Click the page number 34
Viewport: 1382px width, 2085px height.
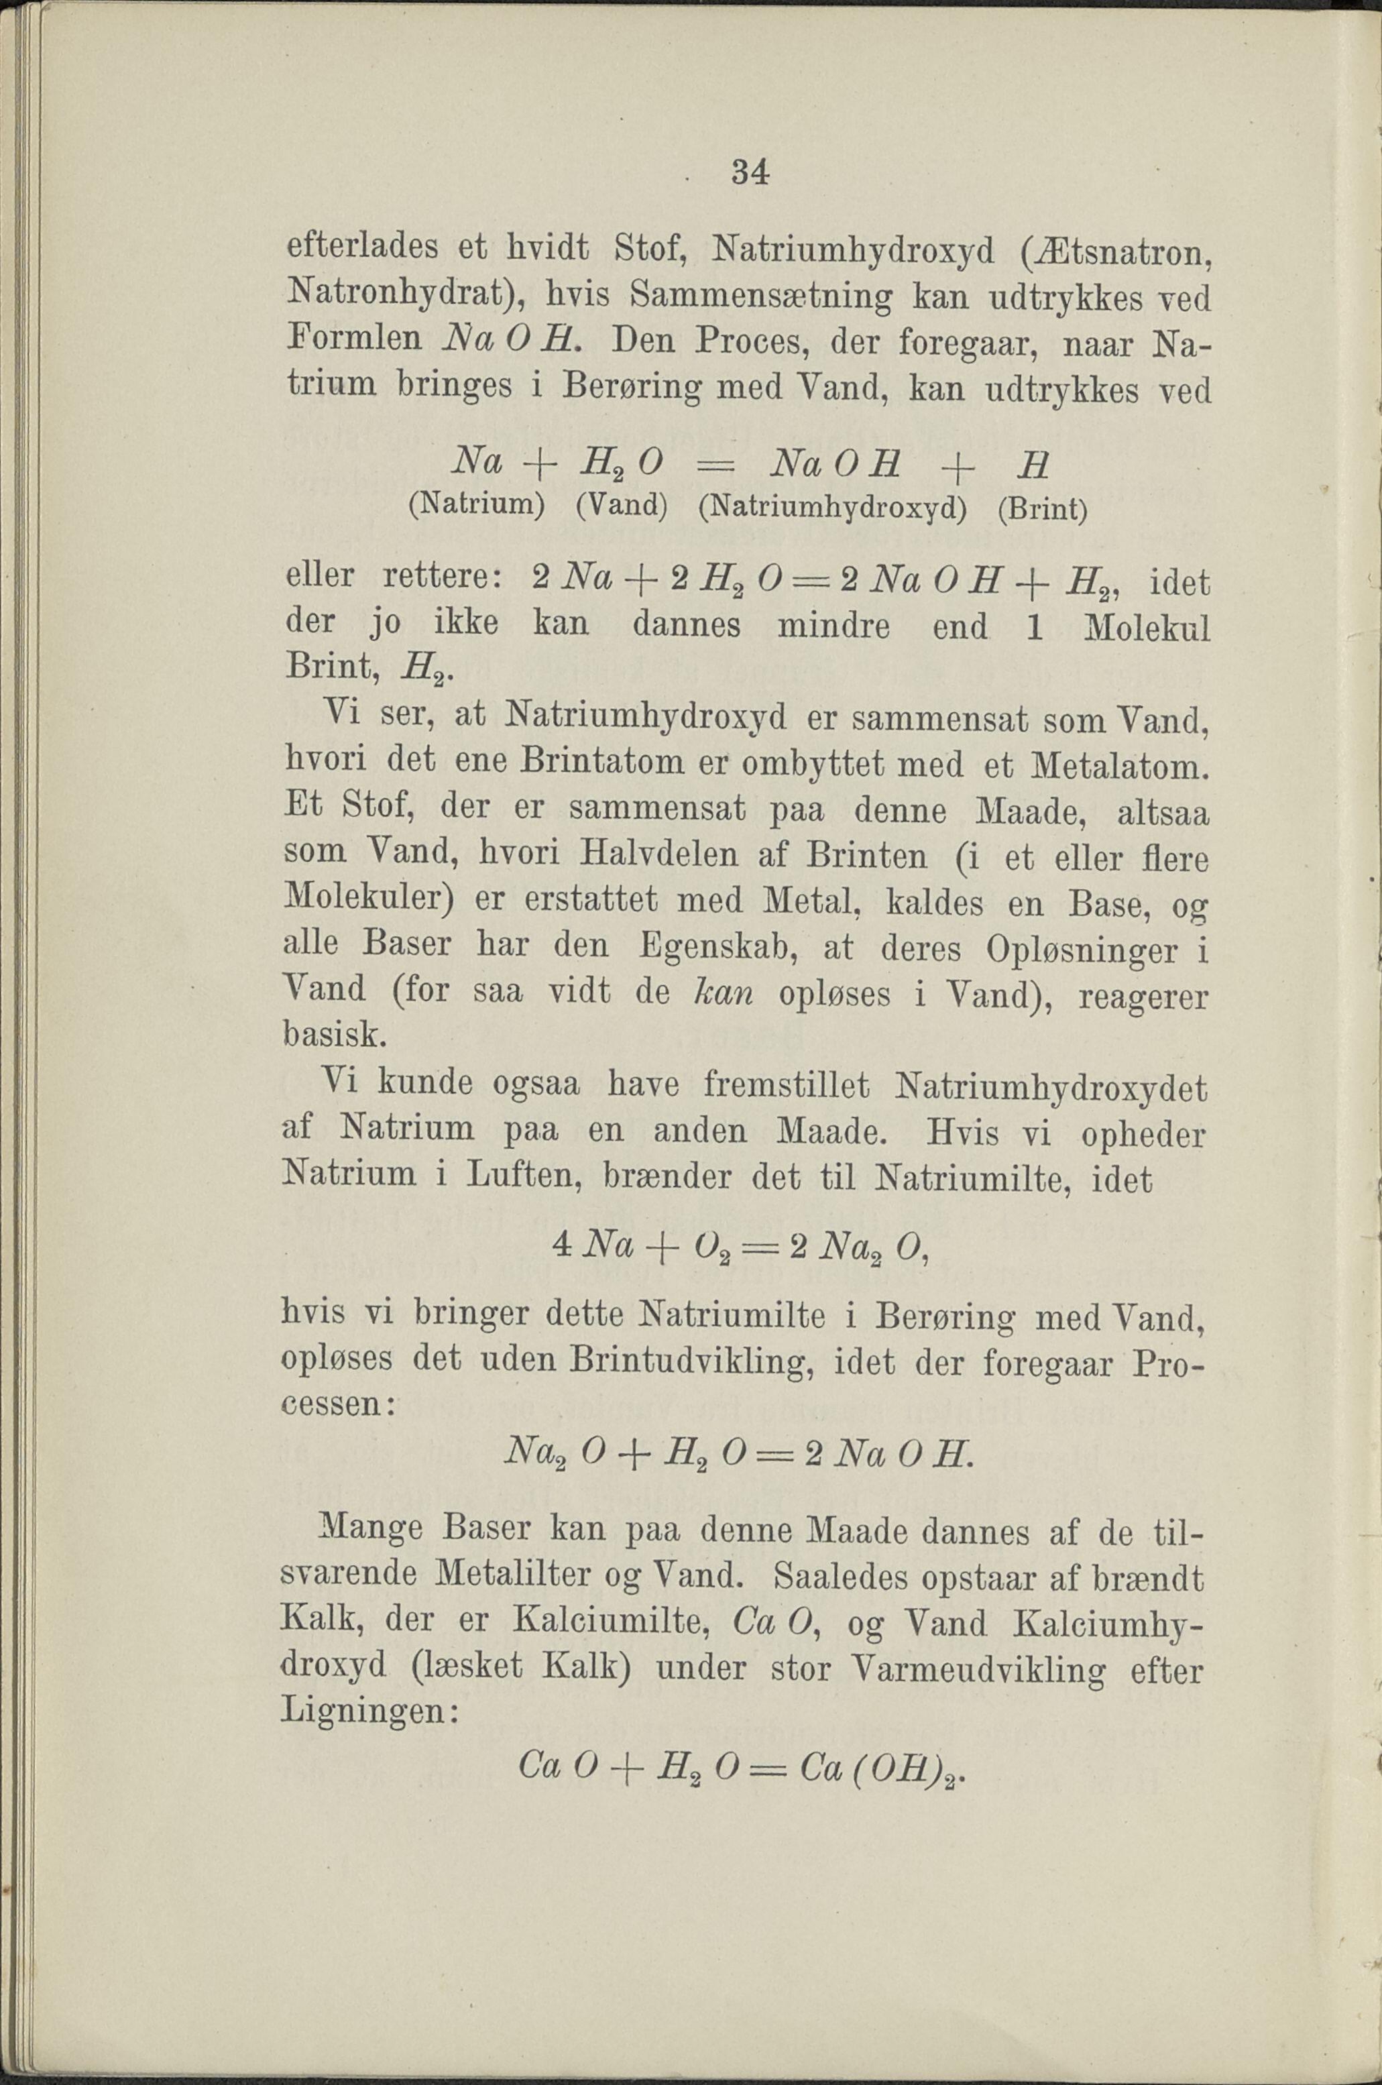[751, 172]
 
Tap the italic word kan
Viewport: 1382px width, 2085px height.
[721, 993]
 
